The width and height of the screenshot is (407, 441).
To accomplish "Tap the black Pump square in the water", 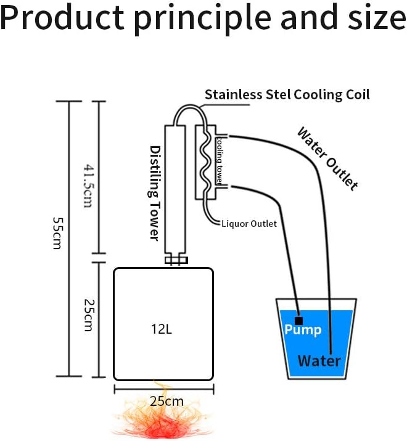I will (299, 320).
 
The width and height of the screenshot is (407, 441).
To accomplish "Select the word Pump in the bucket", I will (303, 330).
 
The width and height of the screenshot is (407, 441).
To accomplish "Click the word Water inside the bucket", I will (319, 360).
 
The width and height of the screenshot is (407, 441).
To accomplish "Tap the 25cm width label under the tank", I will (166, 400).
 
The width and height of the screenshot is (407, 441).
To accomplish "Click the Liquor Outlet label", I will (249, 223).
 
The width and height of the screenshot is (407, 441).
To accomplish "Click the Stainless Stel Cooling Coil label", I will (287, 94).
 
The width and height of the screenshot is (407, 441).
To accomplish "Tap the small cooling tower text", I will (219, 160).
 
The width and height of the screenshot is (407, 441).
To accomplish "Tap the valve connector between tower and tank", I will (175, 261).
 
